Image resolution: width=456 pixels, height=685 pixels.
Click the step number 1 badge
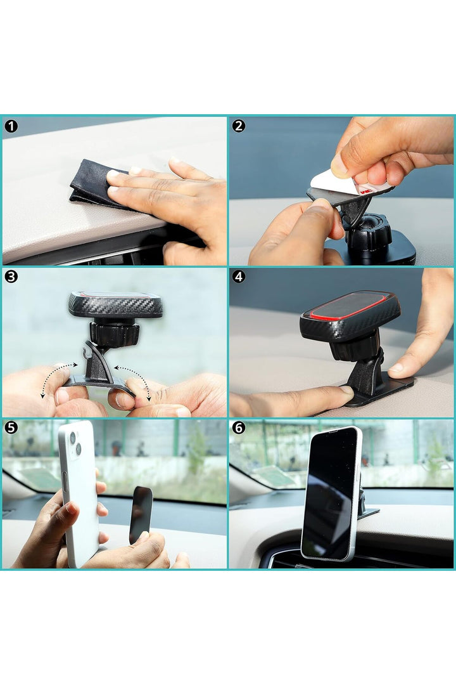(11, 126)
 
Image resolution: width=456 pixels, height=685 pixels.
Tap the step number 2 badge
(238, 126)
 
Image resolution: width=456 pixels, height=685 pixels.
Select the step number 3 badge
(11, 277)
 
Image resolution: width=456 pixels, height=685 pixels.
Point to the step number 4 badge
(238, 277)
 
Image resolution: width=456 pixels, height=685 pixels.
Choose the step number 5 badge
(11, 427)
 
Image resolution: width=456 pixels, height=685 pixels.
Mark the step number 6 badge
(238, 427)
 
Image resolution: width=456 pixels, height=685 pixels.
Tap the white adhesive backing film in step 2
(345, 183)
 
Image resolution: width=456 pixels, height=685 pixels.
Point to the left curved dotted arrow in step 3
(52, 375)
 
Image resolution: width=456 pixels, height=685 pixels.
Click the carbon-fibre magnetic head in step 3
(116, 304)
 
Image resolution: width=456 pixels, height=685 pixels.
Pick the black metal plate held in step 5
(141, 514)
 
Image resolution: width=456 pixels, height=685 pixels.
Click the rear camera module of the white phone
(75, 443)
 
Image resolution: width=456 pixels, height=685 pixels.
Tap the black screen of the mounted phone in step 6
(329, 493)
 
